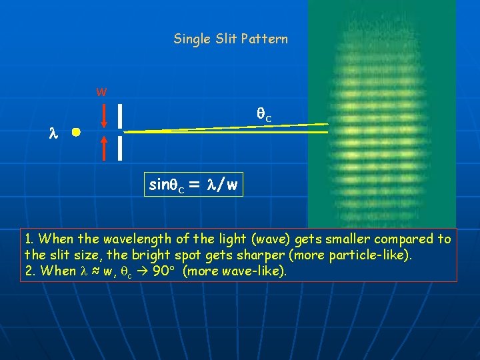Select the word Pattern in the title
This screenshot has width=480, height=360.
click(x=267, y=39)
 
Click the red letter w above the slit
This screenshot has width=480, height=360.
click(x=101, y=91)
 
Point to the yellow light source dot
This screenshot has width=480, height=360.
click(x=77, y=133)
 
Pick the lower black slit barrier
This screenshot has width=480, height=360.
click(x=119, y=148)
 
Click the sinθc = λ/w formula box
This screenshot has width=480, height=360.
click(x=193, y=185)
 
